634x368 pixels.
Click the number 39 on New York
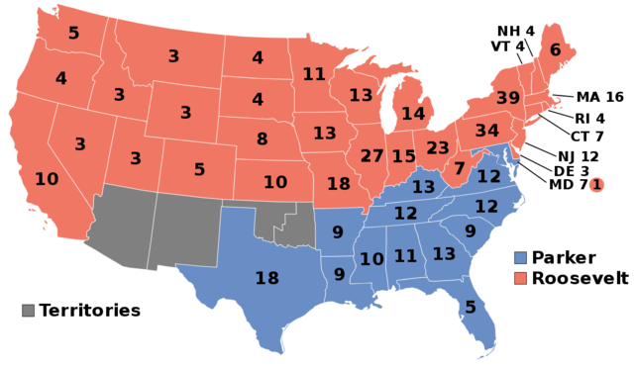pos(507,98)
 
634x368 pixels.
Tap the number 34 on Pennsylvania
pos(486,131)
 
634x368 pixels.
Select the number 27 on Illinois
pos(371,156)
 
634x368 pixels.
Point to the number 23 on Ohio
pos(438,148)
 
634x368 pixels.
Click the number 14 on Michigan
pos(413,114)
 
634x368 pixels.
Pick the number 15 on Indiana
pos(403,156)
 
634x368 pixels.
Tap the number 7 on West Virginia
pos(459,168)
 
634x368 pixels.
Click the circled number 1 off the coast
pos(596,184)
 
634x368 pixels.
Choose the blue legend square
pos(520,257)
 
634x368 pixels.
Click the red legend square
pos(520,278)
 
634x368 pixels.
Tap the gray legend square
pos(28,310)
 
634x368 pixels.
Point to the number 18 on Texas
pos(266,278)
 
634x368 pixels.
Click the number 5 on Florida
pos(470,308)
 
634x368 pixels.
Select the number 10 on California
pos(47,179)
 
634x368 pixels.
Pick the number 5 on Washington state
pos(73,34)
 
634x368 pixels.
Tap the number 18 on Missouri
pos(338,184)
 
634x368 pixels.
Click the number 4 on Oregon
pos(60,78)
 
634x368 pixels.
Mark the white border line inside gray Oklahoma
pos(287,220)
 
